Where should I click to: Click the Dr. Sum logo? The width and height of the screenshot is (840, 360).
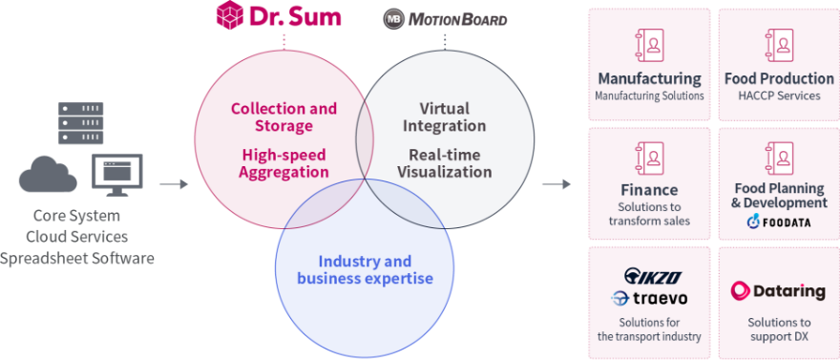click(278, 17)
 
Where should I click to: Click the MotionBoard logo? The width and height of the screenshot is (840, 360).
click(445, 19)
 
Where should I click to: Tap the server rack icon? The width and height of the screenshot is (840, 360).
click(80, 122)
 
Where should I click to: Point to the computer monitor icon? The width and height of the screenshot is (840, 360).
click(116, 174)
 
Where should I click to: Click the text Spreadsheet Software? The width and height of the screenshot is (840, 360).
click(76, 258)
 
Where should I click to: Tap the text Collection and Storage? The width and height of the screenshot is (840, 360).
click(283, 116)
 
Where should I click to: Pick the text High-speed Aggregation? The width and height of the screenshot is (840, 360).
click(284, 163)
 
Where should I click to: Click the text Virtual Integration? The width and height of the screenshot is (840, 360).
click(444, 116)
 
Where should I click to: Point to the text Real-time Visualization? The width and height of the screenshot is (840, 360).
click(444, 163)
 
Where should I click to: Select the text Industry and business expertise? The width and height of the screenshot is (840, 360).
click(365, 269)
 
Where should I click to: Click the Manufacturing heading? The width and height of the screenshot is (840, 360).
click(649, 78)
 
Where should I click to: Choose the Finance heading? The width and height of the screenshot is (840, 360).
click(649, 189)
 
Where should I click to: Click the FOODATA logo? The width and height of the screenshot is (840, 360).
click(779, 222)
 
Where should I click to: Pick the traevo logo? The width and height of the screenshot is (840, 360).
click(649, 298)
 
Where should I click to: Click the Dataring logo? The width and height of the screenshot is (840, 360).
click(779, 289)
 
